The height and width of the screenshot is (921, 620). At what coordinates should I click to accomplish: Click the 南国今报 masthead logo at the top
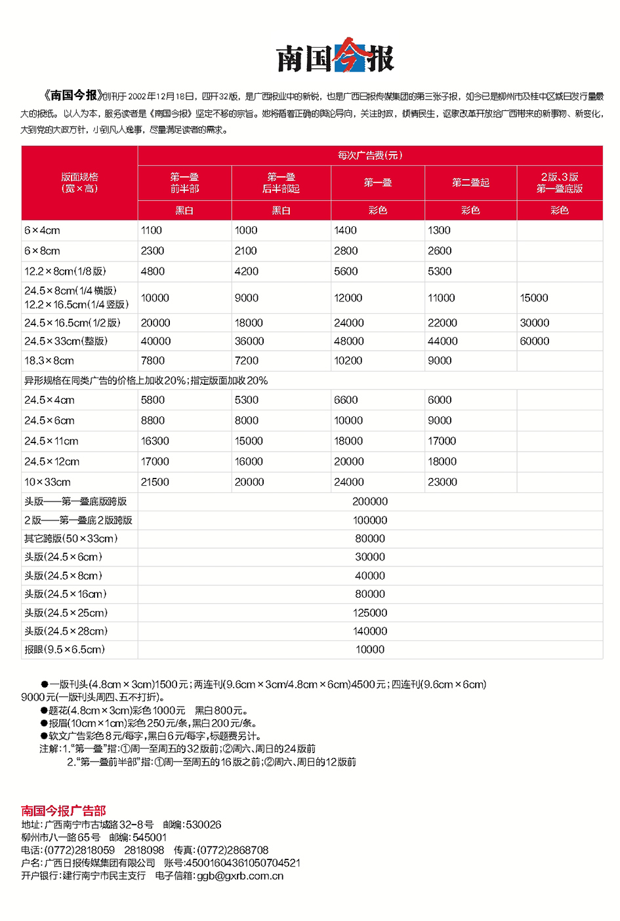tap(335, 56)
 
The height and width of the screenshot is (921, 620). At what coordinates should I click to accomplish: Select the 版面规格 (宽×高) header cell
tap(79, 183)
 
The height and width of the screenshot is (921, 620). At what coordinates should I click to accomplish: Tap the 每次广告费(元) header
tap(370, 155)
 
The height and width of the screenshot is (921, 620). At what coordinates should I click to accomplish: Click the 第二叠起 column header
tap(470, 183)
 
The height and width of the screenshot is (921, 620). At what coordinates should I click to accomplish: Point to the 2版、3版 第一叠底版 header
tap(560, 183)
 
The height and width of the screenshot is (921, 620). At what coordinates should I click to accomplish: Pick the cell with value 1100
tap(152, 231)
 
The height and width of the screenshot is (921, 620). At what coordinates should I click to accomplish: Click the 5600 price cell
tap(346, 271)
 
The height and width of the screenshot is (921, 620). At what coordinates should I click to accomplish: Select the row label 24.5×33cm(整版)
tap(66, 342)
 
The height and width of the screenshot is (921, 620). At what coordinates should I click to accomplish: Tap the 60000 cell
tap(535, 342)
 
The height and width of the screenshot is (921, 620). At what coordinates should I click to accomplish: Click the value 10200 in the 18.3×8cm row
tap(348, 361)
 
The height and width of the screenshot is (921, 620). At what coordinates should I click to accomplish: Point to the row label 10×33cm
tap(48, 482)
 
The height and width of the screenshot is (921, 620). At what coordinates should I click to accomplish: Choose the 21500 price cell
tap(155, 482)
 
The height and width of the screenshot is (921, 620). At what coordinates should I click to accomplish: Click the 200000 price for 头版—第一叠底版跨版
tap(370, 501)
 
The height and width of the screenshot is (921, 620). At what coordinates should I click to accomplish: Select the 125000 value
tap(370, 613)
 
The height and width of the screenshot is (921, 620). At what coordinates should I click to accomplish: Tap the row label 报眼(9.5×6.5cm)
tap(65, 650)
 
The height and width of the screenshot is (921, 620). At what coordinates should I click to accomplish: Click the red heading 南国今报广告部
tap(64, 811)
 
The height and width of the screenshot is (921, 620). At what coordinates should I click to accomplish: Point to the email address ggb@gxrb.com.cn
tap(240, 876)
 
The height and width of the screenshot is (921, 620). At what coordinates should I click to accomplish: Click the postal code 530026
tap(203, 825)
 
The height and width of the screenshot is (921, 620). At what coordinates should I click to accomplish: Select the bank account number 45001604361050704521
tap(243, 863)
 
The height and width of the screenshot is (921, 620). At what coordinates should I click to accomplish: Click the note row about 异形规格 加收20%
tap(146, 381)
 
